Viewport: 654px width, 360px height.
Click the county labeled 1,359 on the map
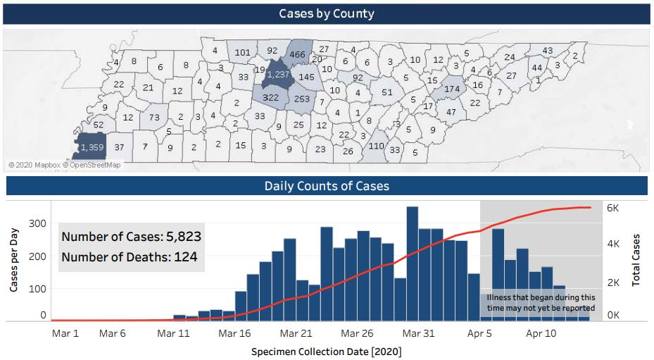[92, 147]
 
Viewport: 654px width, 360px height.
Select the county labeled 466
[297, 54]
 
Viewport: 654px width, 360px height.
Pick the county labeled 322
[270, 98]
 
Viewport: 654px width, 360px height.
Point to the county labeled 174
[451, 89]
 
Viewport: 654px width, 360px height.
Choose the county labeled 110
[376, 147]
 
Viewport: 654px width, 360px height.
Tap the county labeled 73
[154, 117]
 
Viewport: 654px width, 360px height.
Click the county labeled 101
[242, 52]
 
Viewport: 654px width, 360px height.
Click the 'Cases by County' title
[327, 14]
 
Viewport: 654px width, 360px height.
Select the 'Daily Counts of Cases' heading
[327, 187]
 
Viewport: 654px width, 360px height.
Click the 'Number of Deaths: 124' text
[129, 257]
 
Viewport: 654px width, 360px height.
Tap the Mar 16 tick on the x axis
[235, 333]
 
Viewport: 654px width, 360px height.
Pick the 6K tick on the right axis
[613, 209]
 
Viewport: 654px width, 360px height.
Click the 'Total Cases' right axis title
[636, 259]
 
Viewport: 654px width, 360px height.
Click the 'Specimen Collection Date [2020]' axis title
[327, 351]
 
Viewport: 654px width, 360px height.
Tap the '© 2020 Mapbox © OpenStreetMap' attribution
[64, 165]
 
